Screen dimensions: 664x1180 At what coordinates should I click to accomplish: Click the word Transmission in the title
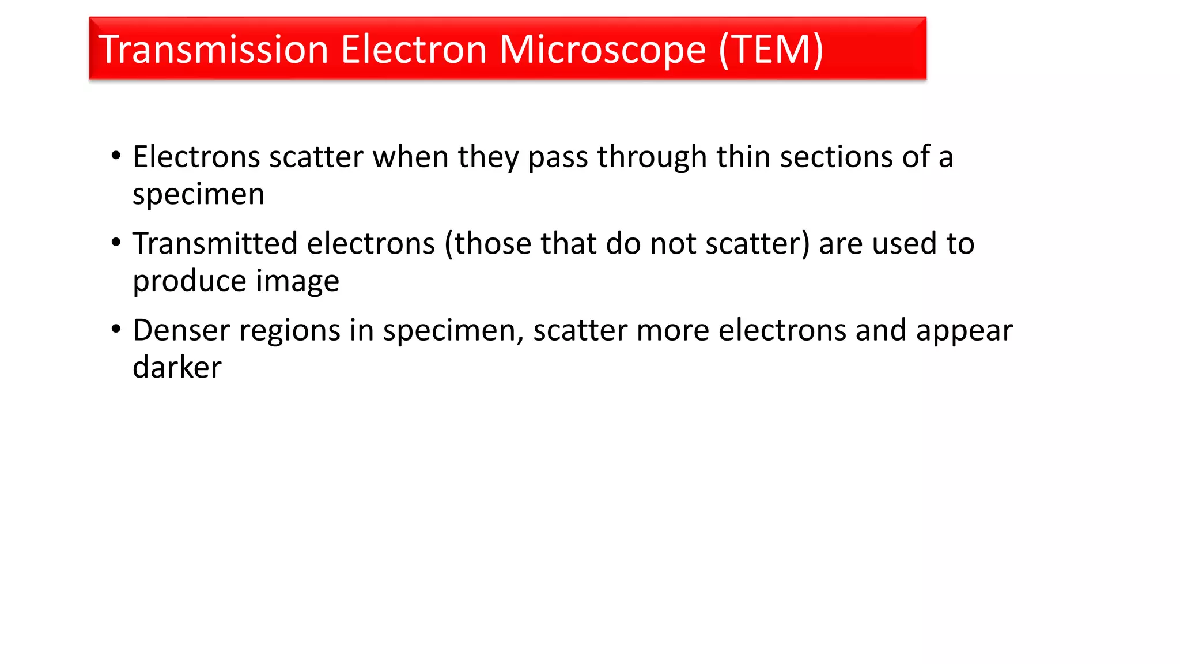pyautogui.click(x=213, y=50)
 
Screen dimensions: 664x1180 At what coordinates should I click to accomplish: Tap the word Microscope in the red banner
pyautogui.click(x=602, y=51)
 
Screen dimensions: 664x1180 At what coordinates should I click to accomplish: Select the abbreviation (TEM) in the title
pyautogui.click(x=771, y=50)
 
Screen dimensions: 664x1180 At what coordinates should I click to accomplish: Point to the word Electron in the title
pyautogui.click(x=414, y=50)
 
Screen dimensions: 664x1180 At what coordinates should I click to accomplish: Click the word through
pyautogui.click(x=652, y=157)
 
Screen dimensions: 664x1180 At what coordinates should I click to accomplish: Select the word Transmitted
pyautogui.click(x=215, y=243)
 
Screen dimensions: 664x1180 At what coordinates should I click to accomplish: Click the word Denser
pyautogui.click(x=181, y=330)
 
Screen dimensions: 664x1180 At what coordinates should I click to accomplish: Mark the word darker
pyautogui.click(x=177, y=368)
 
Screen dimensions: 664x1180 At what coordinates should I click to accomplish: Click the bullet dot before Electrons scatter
pyautogui.click(x=116, y=156)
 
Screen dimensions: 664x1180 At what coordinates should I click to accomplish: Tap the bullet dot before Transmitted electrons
pyautogui.click(x=116, y=243)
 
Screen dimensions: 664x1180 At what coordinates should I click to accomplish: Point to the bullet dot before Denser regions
pyautogui.click(x=116, y=329)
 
